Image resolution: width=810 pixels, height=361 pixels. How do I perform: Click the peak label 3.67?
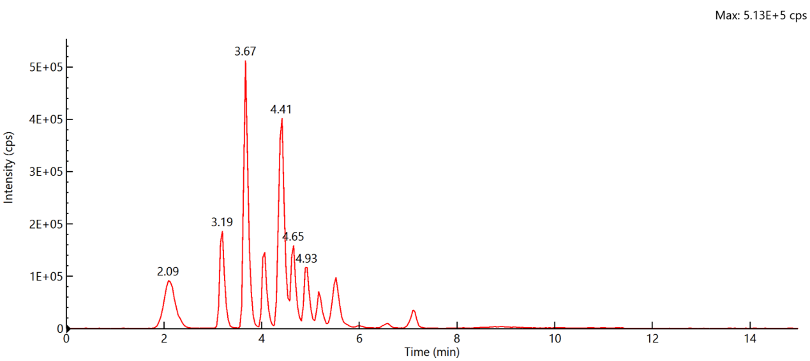pos(245,52)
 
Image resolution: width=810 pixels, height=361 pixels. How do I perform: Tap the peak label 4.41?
pos(281,109)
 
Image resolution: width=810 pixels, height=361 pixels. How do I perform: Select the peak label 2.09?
pos(168,272)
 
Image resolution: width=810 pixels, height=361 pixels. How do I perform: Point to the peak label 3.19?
pos(222,222)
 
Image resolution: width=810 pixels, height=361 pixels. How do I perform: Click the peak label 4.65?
pos(294,237)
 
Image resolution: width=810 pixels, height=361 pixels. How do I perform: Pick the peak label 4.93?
pos(306,259)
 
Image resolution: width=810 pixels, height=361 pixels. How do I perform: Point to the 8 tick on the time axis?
pos(457,339)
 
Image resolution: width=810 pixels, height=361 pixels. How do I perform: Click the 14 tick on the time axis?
pos(750,339)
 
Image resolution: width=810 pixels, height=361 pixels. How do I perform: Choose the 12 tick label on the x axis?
pos(652,339)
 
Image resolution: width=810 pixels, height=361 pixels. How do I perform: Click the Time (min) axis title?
pos(431,351)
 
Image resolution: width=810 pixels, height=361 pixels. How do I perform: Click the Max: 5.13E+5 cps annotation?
pos(761,16)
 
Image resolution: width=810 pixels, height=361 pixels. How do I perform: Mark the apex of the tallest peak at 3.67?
pos(245,61)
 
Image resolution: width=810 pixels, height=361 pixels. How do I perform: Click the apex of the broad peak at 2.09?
pos(169,281)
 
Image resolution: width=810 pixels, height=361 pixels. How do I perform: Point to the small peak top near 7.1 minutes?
pos(414,311)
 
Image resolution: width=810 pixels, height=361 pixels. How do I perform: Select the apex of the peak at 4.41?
pos(281,119)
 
